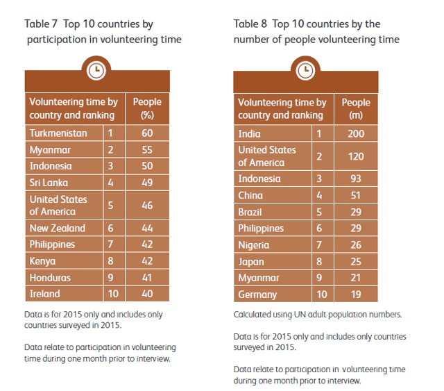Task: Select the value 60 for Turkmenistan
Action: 147,133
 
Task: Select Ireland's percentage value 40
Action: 147,294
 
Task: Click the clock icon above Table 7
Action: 96,70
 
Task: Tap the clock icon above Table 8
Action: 305,71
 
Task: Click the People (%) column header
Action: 147,108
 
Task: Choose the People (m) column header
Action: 356,108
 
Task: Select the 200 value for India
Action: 356,133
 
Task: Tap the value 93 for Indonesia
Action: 356,178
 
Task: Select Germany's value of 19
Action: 356,294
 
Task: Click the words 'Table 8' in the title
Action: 250,24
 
